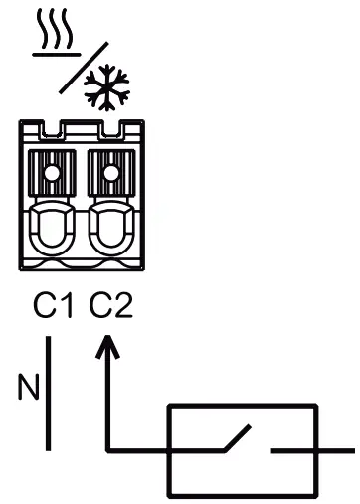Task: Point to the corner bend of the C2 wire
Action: tap(106, 448)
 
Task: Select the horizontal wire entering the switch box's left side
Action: tap(139, 448)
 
